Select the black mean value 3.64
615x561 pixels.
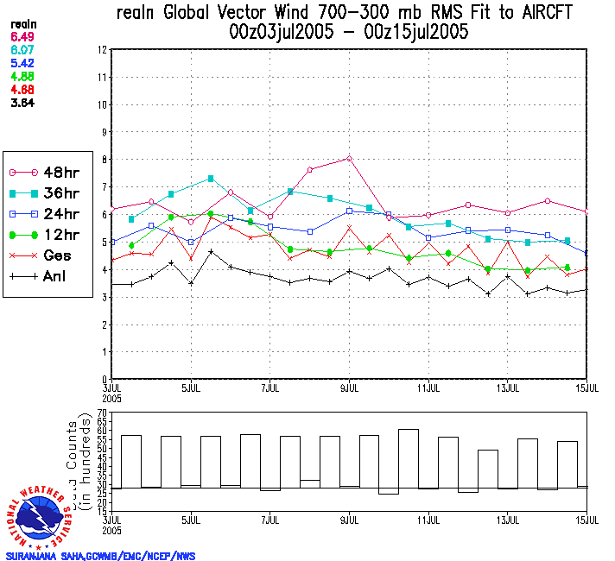point(22,103)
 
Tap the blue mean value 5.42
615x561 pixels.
point(22,64)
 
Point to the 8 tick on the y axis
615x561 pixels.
point(103,160)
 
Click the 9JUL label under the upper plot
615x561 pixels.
point(349,386)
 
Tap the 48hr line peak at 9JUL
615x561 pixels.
point(349,158)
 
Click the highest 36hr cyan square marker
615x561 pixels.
point(211,179)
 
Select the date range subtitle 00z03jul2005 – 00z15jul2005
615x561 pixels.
point(344,33)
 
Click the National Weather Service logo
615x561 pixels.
point(41,517)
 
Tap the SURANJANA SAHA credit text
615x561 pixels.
point(100,556)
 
